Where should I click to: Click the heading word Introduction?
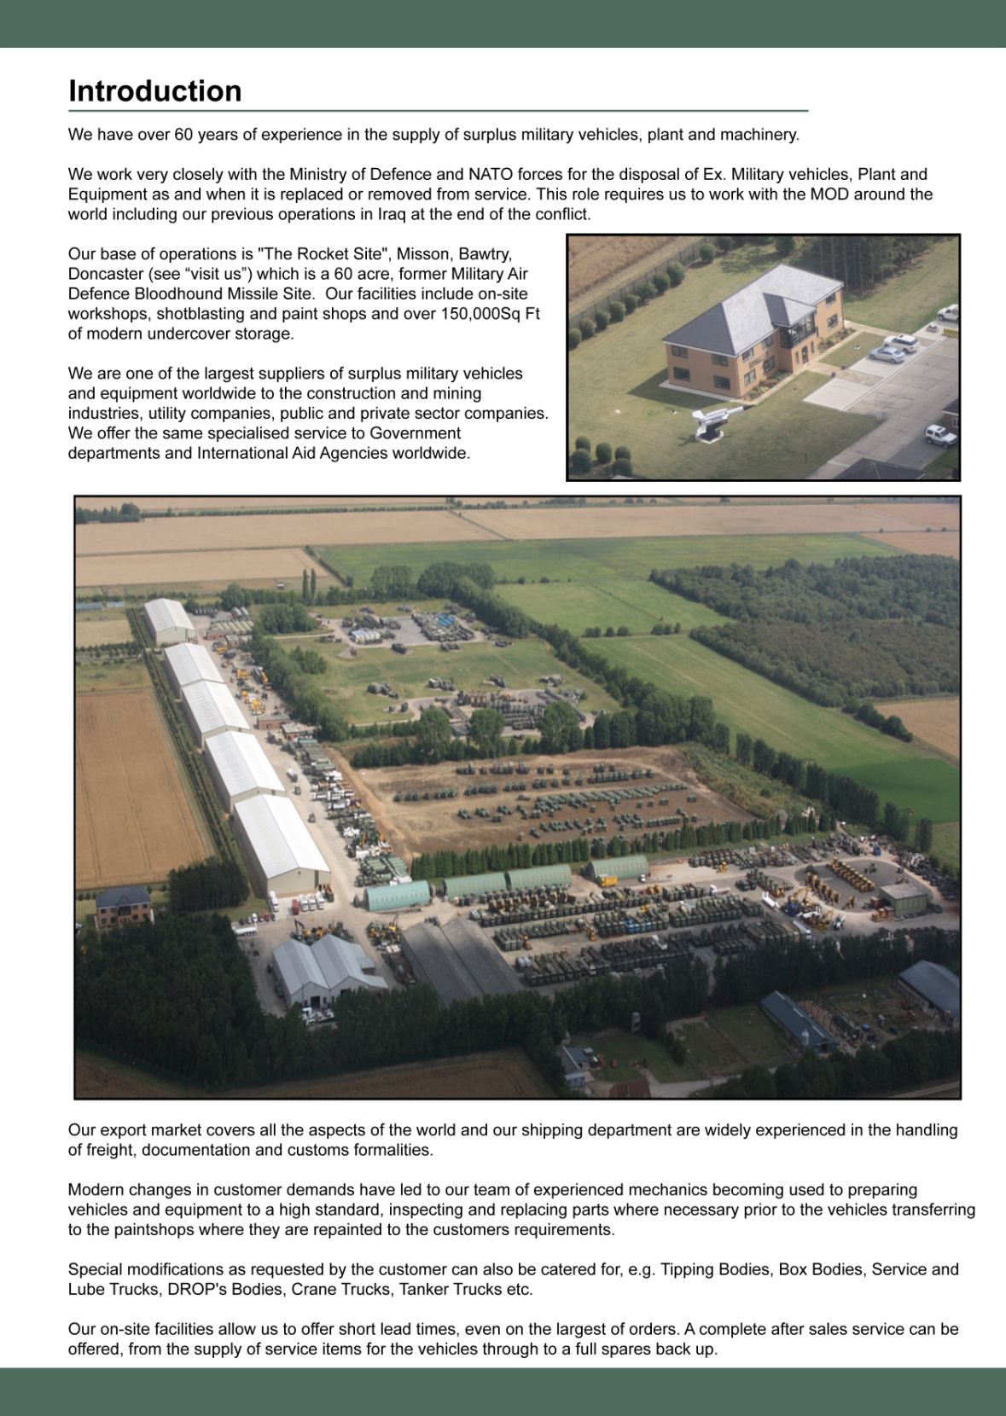[x=154, y=91]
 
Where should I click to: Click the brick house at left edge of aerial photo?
[x=123, y=908]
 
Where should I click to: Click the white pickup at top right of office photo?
[x=947, y=313]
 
